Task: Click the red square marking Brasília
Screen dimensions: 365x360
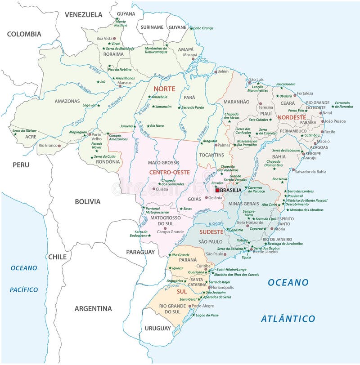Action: [x=217, y=190]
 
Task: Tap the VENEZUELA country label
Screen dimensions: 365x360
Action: [x=84, y=14]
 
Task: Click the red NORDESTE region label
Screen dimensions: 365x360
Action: [x=291, y=117]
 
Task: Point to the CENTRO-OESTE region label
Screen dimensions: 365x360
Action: [x=170, y=172]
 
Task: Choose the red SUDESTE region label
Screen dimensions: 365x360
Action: [x=211, y=231]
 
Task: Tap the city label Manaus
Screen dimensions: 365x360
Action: [x=124, y=83]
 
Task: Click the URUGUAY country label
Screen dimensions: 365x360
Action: [x=157, y=328]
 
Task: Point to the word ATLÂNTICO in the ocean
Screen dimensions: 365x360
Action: [x=288, y=318]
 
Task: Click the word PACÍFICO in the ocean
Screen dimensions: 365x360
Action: [x=24, y=289]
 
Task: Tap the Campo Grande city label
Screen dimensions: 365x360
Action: [x=170, y=232]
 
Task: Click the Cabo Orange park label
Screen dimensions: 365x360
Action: [x=203, y=28]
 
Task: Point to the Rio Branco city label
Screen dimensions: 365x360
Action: [x=49, y=145]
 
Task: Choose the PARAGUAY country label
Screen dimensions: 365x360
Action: [x=140, y=252]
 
